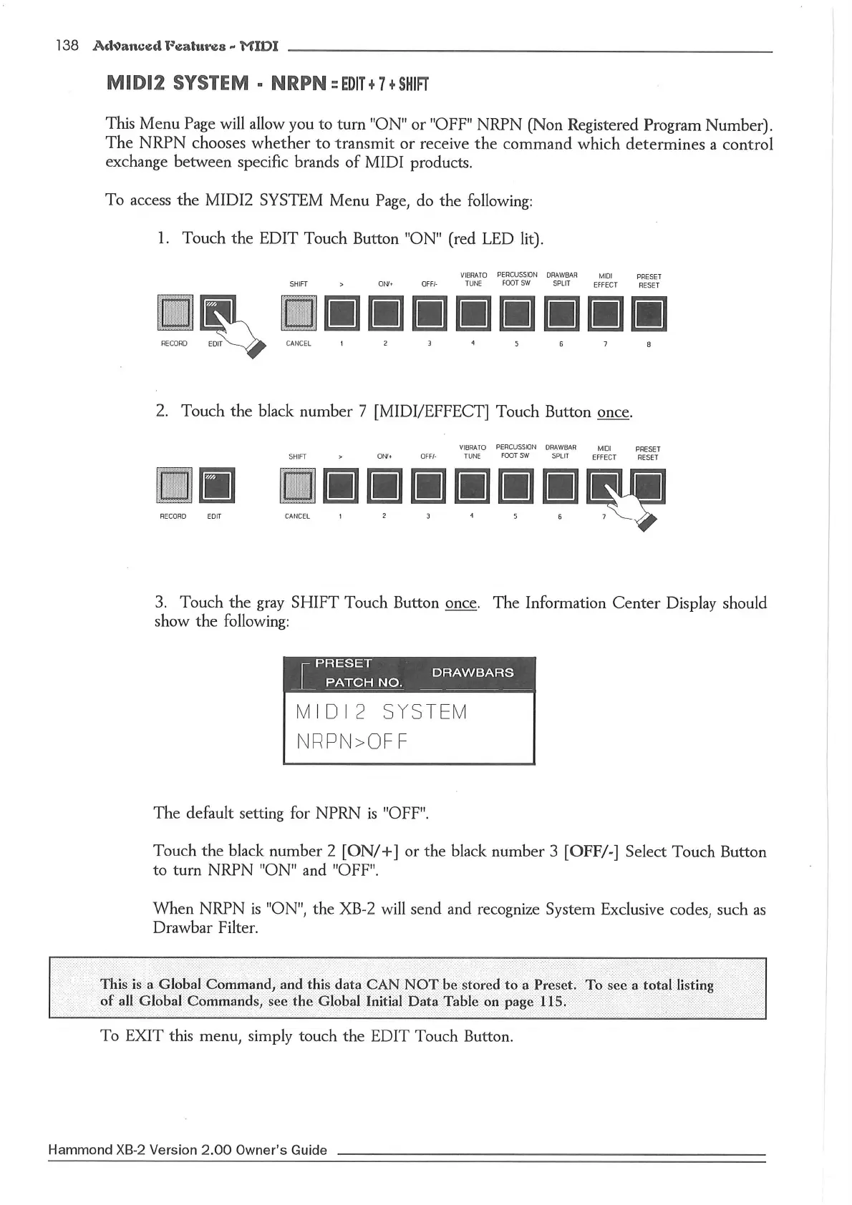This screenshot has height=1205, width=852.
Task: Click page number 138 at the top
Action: [67, 45]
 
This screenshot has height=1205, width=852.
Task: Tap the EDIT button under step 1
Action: [217, 313]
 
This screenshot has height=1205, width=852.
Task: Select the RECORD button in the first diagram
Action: [175, 313]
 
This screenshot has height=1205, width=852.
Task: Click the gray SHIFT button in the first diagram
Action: [299, 314]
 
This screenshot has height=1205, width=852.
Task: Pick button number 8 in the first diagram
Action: [649, 314]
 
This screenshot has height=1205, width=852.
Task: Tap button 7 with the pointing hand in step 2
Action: [604, 486]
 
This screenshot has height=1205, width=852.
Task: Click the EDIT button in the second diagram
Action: [216, 486]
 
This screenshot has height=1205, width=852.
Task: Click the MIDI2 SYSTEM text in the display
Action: [381, 713]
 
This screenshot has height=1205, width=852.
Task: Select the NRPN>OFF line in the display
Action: [352, 742]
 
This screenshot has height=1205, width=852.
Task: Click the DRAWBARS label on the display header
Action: [473, 673]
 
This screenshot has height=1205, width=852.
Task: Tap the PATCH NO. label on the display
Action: [364, 683]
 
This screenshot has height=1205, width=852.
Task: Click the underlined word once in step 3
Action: [460, 603]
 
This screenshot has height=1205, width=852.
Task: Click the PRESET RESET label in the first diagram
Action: [649, 280]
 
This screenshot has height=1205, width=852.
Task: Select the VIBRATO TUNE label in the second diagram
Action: [472, 452]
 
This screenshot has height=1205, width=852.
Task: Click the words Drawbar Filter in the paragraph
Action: [204, 928]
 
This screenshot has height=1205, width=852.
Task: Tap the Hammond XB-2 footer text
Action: [187, 1150]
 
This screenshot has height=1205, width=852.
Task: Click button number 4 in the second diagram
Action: [472, 487]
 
